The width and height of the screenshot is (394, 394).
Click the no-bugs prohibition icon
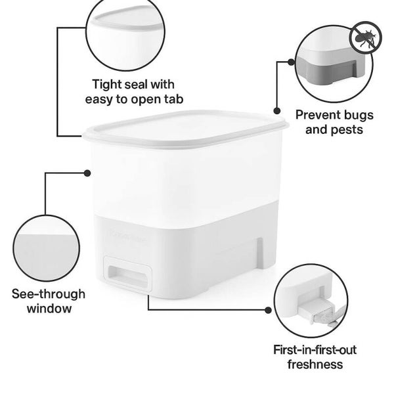[x=366, y=37]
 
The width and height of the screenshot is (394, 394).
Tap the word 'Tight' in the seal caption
[x=107, y=85]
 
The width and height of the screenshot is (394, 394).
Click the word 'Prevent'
[x=318, y=115]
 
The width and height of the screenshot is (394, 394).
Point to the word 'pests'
[x=347, y=130]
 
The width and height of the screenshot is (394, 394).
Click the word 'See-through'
[x=49, y=294]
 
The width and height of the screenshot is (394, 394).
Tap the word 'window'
[x=49, y=309]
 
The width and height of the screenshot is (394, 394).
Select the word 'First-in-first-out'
[x=315, y=350]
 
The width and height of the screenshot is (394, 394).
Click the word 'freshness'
[x=315, y=364]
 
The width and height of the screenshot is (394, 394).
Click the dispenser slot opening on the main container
[x=127, y=276]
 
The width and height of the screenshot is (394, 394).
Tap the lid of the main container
[x=186, y=128]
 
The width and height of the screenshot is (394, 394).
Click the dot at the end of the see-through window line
[x=87, y=173]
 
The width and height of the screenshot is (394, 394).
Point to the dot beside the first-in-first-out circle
[x=268, y=310]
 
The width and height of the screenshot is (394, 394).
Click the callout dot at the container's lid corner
[x=277, y=110]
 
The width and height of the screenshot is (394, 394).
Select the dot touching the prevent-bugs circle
[x=291, y=62]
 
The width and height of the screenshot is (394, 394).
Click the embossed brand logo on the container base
[x=127, y=236]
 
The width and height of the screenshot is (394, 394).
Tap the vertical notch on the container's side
[x=259, y=253]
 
